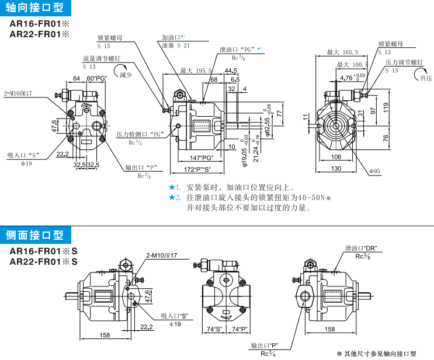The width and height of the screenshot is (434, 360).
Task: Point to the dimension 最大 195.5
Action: [196, 71]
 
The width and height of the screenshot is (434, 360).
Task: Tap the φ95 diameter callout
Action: [374, 171]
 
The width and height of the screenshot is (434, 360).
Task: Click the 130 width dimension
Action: [336, 168]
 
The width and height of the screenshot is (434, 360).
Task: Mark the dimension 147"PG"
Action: [202, 158]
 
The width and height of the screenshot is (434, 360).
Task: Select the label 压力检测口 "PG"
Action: [140, 134]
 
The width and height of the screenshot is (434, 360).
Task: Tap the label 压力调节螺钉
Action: [404, 62]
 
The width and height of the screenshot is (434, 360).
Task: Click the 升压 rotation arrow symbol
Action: [421, 74]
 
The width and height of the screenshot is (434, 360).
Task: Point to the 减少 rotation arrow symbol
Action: [124, 72]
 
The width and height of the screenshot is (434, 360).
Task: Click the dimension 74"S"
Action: [214, 329]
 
